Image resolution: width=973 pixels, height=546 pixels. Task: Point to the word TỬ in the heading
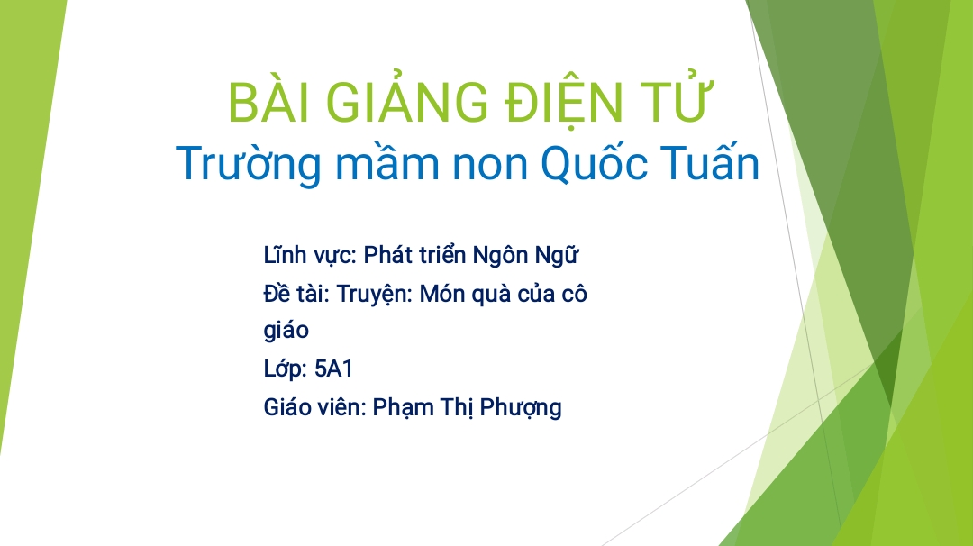675,99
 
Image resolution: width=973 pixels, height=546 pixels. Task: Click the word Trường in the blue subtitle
249,164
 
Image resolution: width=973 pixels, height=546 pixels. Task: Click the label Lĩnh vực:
310,255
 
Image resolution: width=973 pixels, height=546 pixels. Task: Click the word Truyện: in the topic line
374,294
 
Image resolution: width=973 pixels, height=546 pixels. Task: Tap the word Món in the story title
442,294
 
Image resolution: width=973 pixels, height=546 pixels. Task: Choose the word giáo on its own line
286,330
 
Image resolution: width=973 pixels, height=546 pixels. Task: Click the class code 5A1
334,369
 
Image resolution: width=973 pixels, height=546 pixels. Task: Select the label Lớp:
285,369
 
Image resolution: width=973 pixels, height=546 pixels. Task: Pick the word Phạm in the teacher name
403,408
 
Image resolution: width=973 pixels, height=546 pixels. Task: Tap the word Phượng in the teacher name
521,408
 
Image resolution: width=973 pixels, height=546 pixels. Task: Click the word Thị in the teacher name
457,408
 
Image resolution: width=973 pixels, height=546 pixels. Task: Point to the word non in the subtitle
490,167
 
